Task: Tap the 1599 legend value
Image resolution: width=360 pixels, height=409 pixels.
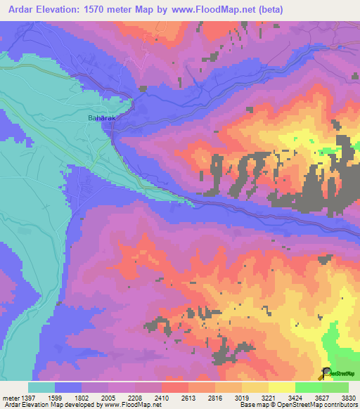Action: (54, 397)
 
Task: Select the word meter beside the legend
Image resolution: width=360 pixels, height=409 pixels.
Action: (9, 397)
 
